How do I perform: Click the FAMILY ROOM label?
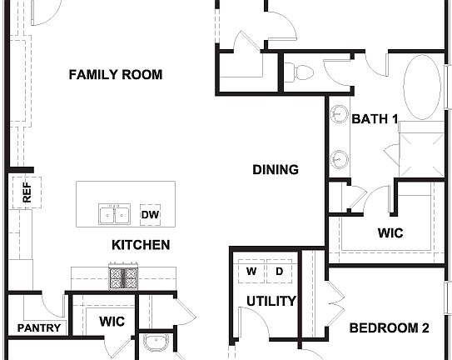pyautogui.click(x=115, y=75)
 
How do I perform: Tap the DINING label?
pyautogui.click(x=276, y=170)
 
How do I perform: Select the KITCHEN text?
pyautogui.click(x=141, y=245)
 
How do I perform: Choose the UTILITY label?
pyautogui.click(x=271, y=301)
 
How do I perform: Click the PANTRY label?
pyautogui.click(x=39, y=327)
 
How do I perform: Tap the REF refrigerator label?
pyautogui.click(x=27, y=193)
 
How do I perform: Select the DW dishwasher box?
pyautogui.click(x=150, y=215)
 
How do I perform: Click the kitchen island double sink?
pyautogui.click(x=114, y=215)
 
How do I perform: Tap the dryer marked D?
pyautogui.click(x=280, y=272)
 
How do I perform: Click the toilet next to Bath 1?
pyautogui.click(x=302, y=71)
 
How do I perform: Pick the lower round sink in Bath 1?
pyautogui.click(x=339, y=157)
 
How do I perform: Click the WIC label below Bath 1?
pyautogui.click(x=390, y=233)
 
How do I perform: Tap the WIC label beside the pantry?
pyautogui.click(x=112, y=321)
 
